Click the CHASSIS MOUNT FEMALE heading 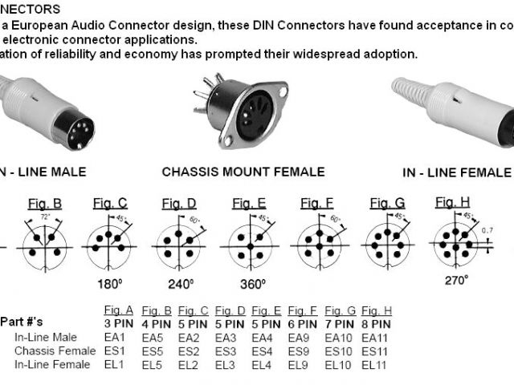click(x=243, y=172)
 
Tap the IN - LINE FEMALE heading click(x=456, y=172)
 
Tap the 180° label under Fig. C click(x=109, y=283)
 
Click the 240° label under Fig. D click(x=181, y=283)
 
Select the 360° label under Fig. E click(x=253, y=283)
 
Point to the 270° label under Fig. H click(x=456, y=280)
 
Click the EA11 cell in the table click(x=376, y=337)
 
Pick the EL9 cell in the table click(x=302, y=365)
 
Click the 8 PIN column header click(x=377, y=322)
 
